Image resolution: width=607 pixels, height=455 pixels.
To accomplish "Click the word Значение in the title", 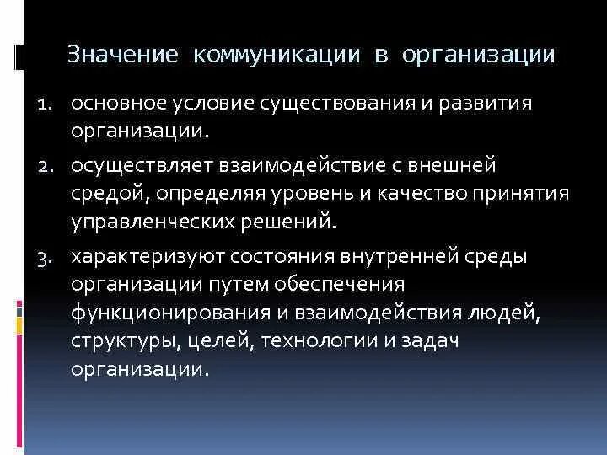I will coord(122,56).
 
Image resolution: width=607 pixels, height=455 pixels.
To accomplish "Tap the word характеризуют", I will coord(142,258).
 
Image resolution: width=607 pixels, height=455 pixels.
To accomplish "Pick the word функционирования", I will coord(168,313).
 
